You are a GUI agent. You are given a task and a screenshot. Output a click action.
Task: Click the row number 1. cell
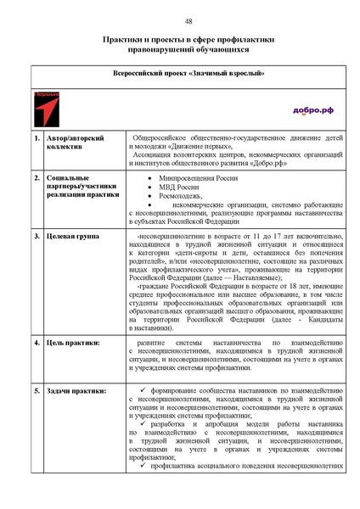tap(37, 137)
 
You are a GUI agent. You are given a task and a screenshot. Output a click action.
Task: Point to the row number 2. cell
tap(37, 179)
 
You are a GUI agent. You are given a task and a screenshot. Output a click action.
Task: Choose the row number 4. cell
tap(37, 343)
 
